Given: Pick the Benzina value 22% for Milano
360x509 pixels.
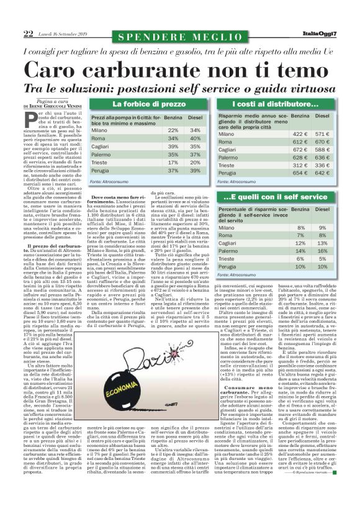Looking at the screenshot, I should [x=173, y=130].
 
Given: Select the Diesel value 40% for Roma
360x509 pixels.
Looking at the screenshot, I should [x=195, y=138].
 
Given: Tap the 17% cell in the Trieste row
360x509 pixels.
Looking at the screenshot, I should [x=173, y=162].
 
